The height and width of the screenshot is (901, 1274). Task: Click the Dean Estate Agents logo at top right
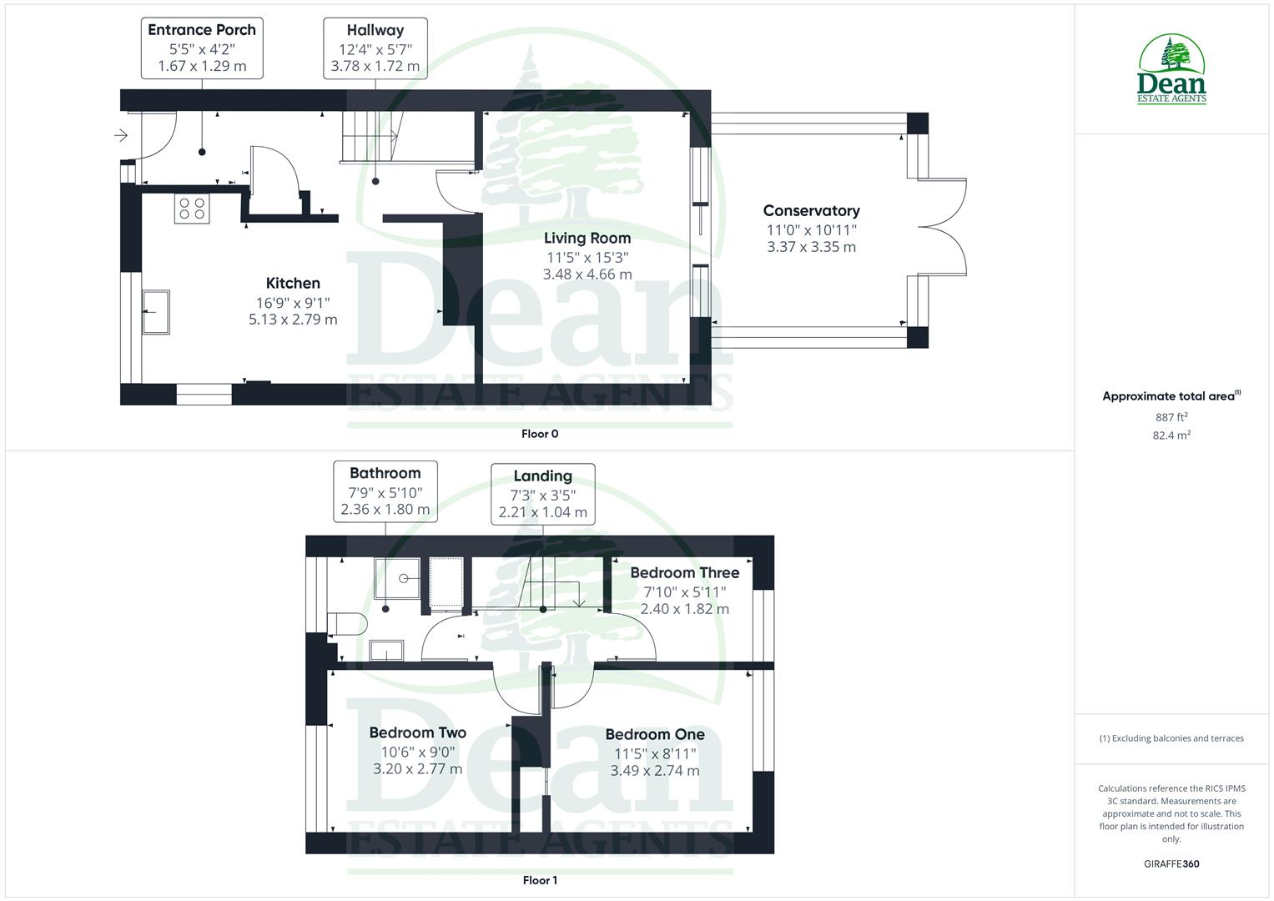point(1171,70)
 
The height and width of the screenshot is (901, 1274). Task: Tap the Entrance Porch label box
point(202,48)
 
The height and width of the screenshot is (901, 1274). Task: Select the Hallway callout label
point(375,48)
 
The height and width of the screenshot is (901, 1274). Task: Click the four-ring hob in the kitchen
point(191,208)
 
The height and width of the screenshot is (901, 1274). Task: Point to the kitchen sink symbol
point(156,312)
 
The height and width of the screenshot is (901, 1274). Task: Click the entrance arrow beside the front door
point(120,135)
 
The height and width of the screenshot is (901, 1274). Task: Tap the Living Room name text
point(587,238)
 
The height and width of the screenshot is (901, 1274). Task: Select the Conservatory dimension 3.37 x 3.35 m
point(811,247)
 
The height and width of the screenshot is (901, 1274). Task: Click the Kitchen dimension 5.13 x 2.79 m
point(293,320)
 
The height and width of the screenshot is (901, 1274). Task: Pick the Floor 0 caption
point(540,434)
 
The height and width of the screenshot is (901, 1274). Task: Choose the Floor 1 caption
point(540,880)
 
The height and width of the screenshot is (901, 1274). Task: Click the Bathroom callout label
point(385,491)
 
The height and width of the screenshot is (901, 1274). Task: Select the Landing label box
point(542,494)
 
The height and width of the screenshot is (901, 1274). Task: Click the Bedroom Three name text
point(684,572)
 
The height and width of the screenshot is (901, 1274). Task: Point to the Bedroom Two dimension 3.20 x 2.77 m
point(417,769)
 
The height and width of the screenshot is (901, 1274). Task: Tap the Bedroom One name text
point(655,734)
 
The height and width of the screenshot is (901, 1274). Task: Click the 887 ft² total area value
point(1171,417)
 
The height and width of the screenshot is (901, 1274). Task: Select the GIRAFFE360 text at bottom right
point(1171,864)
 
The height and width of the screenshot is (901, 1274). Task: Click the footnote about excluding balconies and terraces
point(1171,738)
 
